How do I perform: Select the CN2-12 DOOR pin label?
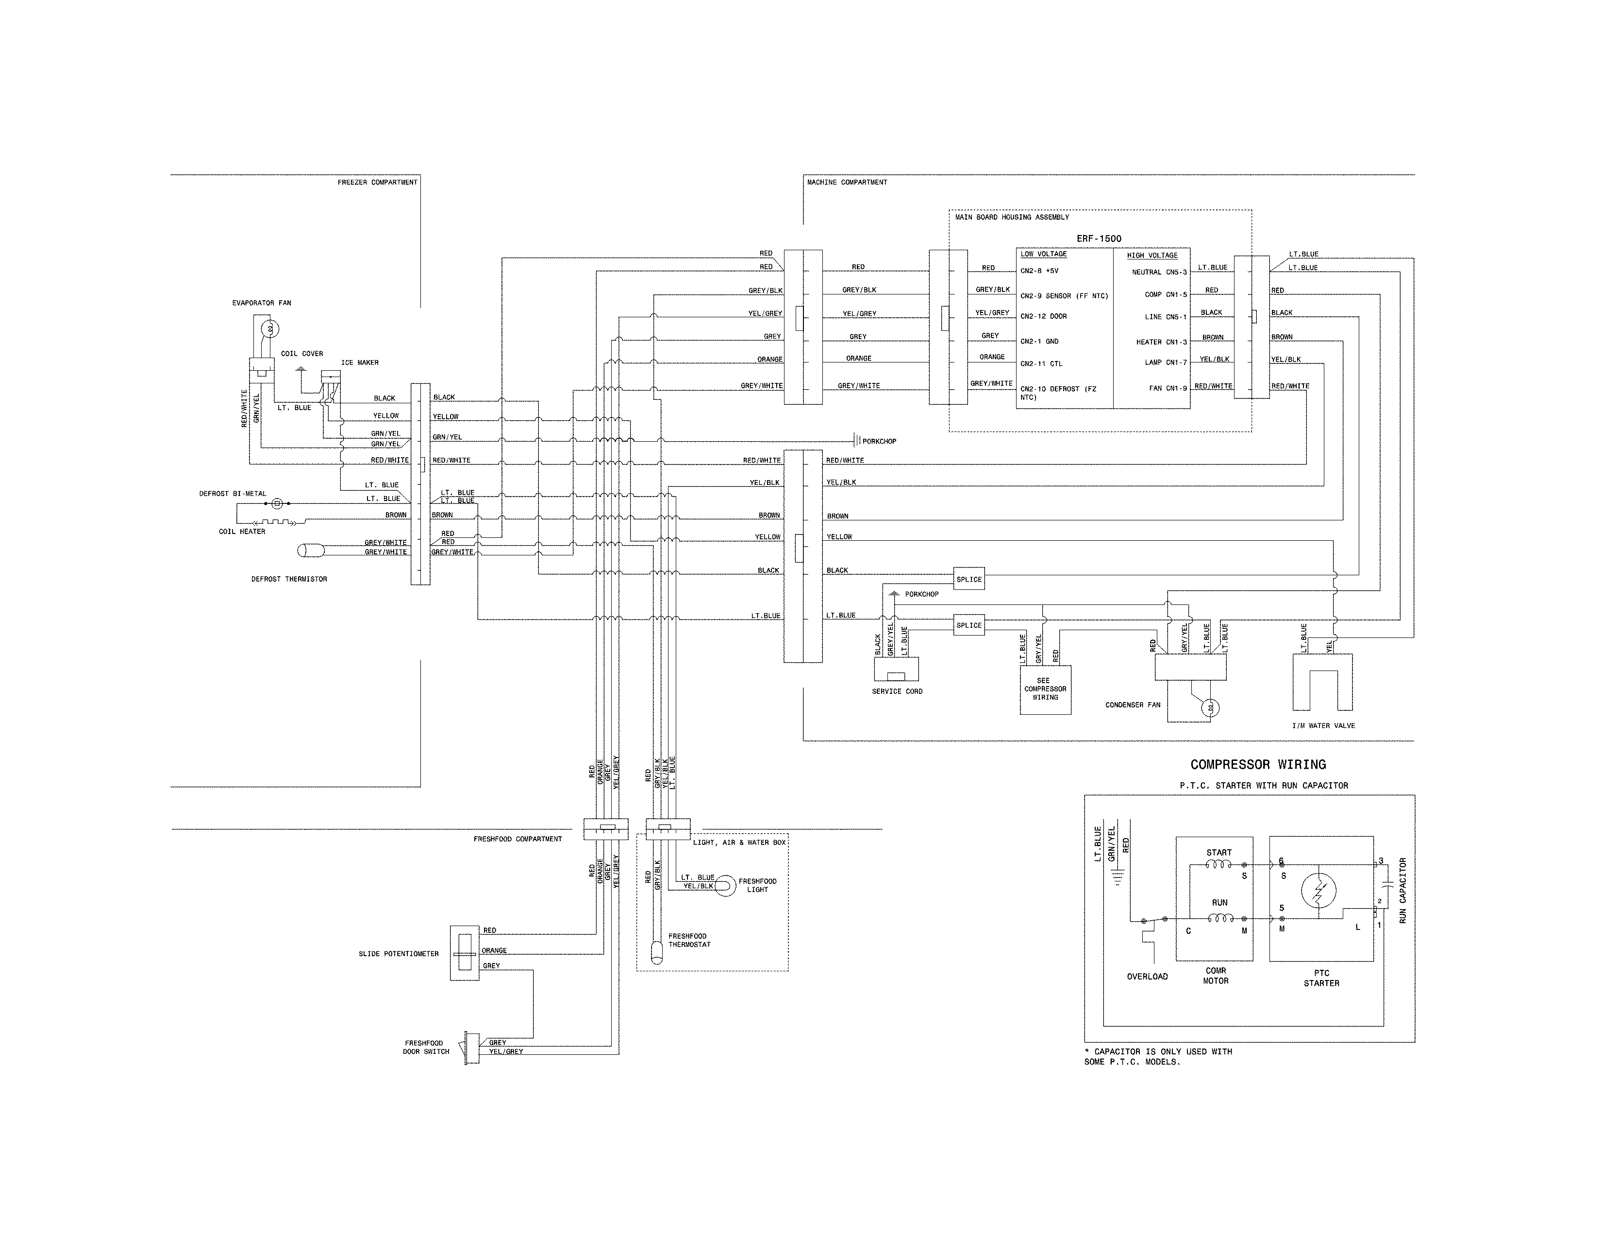(1043, 316)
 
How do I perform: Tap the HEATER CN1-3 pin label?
(1161, 342)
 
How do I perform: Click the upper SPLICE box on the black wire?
(968, 579)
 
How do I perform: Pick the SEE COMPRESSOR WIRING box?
(1045, 689)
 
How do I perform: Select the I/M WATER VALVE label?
(1323, 725)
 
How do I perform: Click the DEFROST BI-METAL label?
(233, 494)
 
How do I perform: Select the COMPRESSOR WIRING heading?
(1257, 764)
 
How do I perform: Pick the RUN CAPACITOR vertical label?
(1402, 890)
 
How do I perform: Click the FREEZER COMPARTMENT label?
(377, 182)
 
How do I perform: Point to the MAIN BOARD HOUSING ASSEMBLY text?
(1012, 217)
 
